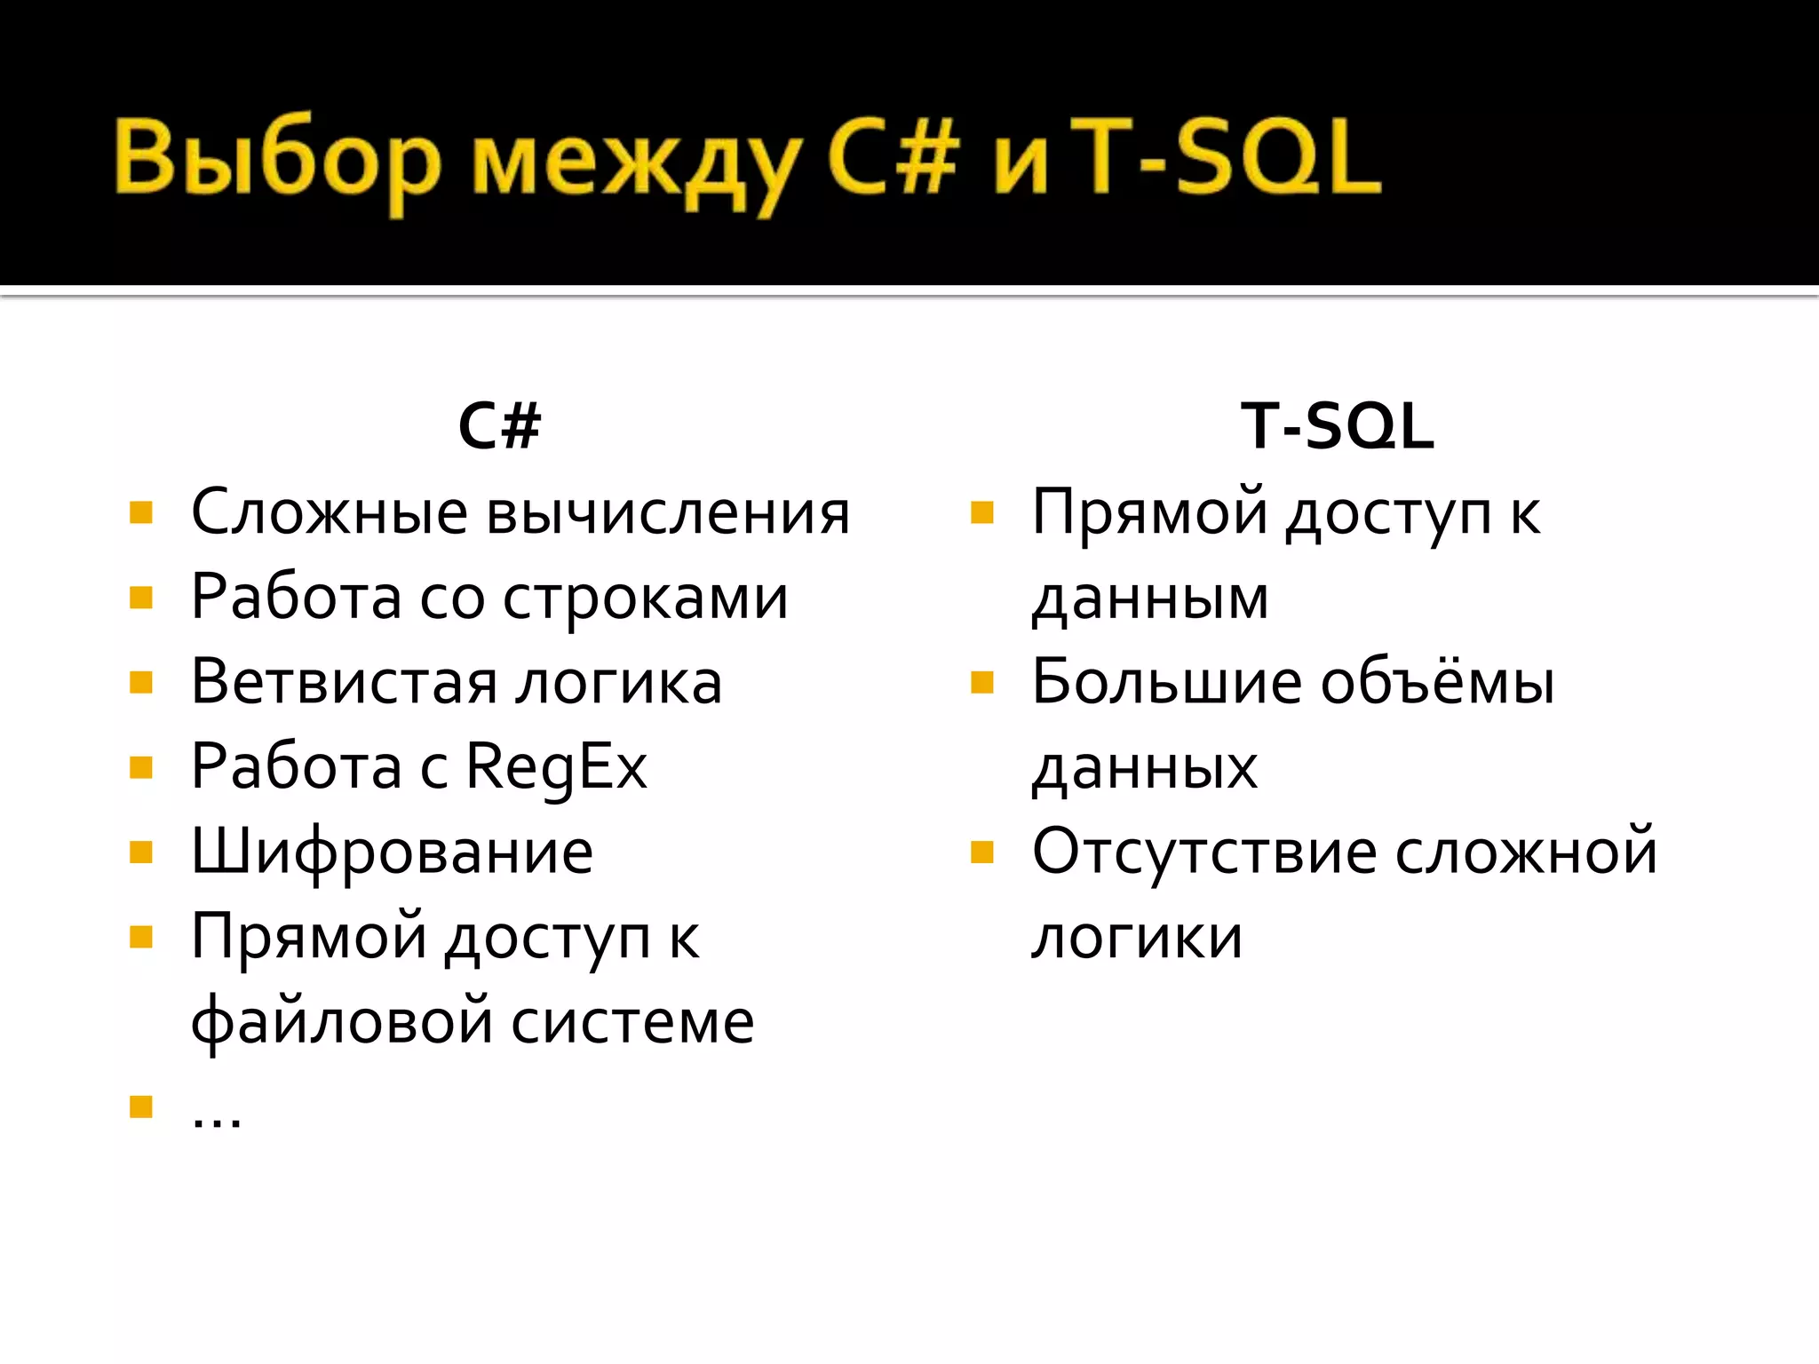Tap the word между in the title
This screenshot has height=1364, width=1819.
(x=634, y=164)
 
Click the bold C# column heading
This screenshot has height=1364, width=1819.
(x=499, y=426)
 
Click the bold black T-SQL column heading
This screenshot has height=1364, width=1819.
(x=1337, y=426)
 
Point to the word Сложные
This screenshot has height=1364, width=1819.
(x=330, y=513)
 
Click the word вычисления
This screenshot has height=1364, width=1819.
(x=669, y=513)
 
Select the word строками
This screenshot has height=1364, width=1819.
(x=646, y=598)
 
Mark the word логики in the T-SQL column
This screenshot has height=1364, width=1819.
(x=1137, y=937)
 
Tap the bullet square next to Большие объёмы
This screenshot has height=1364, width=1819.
(x=981, y=682)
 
